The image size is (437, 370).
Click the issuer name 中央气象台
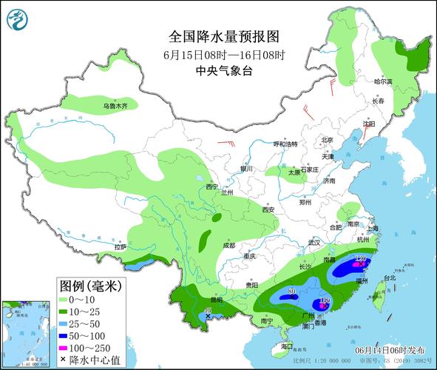tap(224, 71)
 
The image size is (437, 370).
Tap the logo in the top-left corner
tap(16, 17)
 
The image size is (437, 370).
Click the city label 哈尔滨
tap(382, 81)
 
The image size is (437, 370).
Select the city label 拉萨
tap(121, 246)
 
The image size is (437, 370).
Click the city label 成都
tap(227, 246)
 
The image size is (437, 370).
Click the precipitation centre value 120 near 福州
tap(361, 258)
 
